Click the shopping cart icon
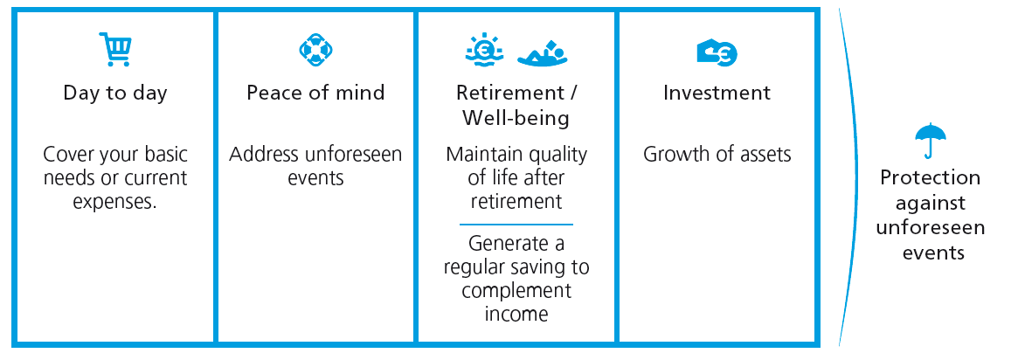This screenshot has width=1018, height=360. pyautogui.click(x=115, y=49)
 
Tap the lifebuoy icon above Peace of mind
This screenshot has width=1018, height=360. pyautogui.click(x=315, y=49)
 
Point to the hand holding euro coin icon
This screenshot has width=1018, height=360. pyautogui.click(x=717, y=52)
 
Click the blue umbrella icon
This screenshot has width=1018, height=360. pyautogui.click(x=930, y=141)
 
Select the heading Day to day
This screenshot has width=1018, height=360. pyautogui.click(x=115, y=93)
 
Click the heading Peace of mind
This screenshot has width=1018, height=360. pyautogui.click(x=315, y=92)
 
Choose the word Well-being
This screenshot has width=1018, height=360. pyautogui.click(x=516, y=119)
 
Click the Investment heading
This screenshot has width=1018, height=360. pyautogui.click(x=717, y=92)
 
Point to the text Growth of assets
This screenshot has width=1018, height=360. pyautogui.click(x=717, y=155)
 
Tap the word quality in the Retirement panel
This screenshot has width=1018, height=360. pyautogui.click(x=555, y=155)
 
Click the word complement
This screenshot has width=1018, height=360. pyautogui.click(x=516, y=290)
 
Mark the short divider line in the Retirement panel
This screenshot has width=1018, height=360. pyautogui.click(x=516, y=225)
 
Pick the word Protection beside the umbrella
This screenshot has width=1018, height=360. pyautogui.click(x=930, y=177)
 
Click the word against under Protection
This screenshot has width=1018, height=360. pyautogui.click(x=930, y=203)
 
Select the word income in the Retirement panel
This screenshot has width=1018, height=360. pyautogui.click(x=516, y=314)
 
